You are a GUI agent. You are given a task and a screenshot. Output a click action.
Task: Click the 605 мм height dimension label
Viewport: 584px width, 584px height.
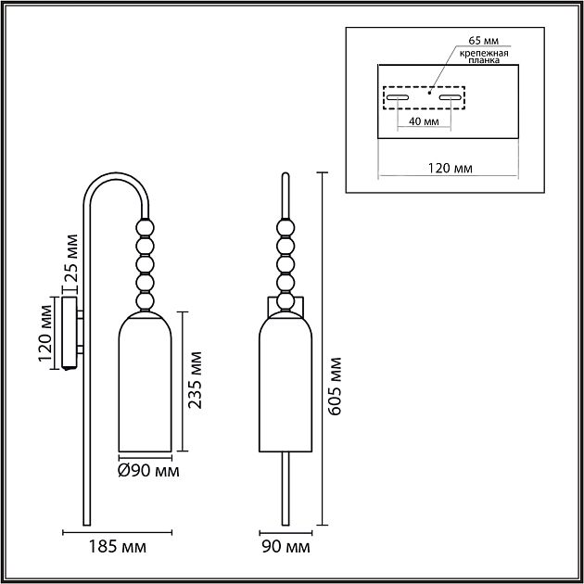coord(335,387)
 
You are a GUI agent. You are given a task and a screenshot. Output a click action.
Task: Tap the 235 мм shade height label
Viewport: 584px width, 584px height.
coord(195,381)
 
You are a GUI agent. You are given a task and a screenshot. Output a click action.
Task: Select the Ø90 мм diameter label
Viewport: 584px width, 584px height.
coord(148,471)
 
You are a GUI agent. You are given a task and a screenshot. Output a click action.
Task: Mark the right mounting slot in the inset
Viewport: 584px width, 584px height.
coord(451,97)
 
